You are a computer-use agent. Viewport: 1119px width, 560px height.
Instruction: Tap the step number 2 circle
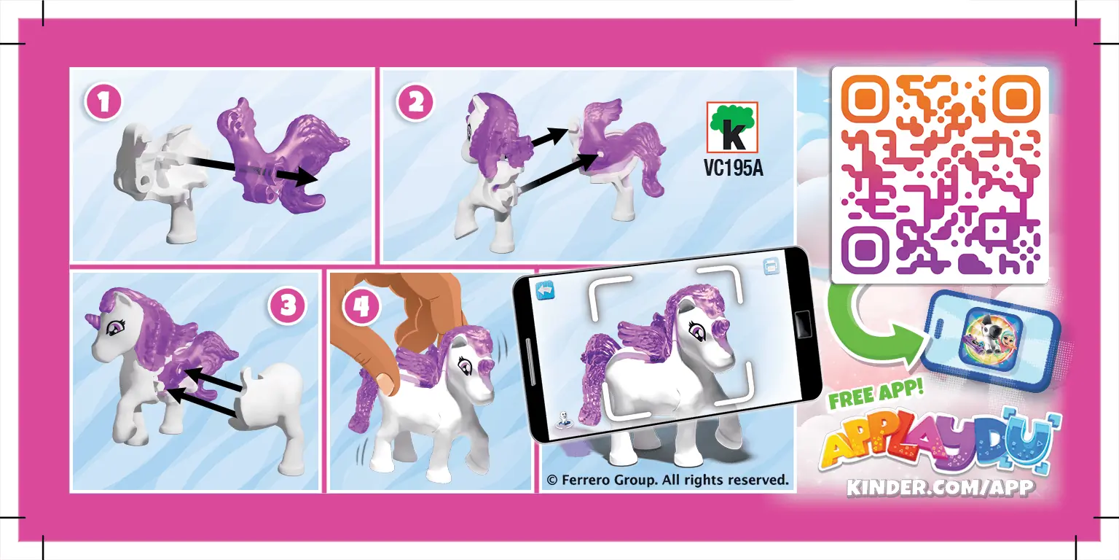click(415, 103)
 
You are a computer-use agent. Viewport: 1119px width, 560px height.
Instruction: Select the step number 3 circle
click(288, 306)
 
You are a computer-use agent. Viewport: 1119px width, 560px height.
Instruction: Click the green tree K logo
click(732, 127)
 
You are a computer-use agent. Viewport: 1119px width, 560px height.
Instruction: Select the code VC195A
click(732, 168)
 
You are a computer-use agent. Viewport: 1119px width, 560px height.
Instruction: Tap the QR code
click(940, 175)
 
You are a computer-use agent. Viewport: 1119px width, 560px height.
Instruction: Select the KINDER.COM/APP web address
click(940, 487)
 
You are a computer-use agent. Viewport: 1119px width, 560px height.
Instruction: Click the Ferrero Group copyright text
click(667, 480)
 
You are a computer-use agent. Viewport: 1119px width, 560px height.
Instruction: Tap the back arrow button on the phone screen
click(546, 290)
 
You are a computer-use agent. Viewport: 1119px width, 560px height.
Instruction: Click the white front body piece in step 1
click(157, 175)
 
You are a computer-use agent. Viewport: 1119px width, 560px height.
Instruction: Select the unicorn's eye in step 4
click(465, 362)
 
